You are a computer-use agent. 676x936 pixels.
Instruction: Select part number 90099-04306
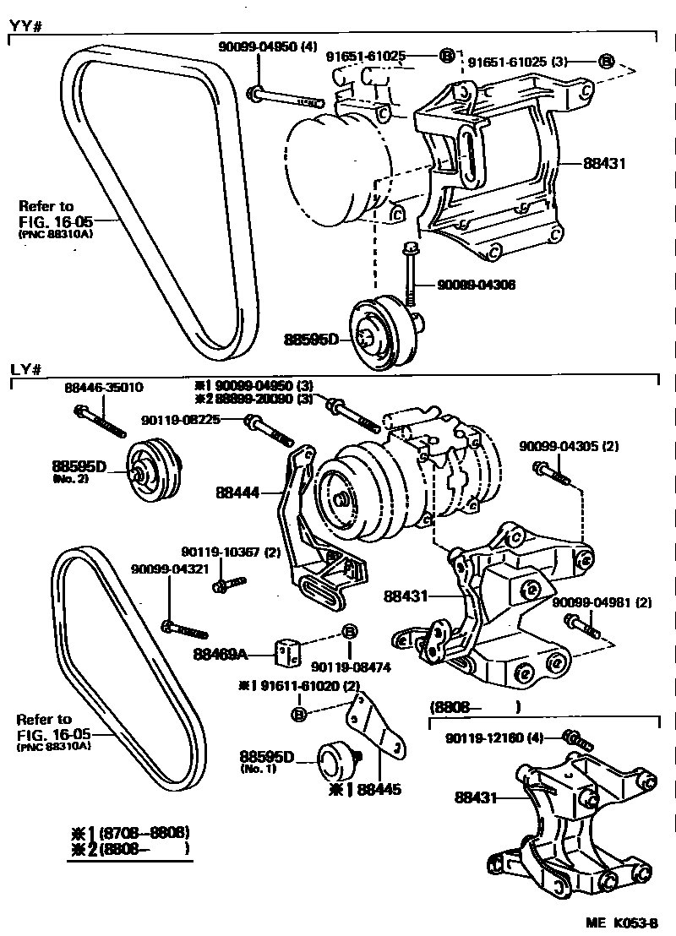point(476,286)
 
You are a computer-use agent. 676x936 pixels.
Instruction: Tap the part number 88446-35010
point(104,388)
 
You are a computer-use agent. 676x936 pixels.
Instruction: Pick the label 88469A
point(221,653)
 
